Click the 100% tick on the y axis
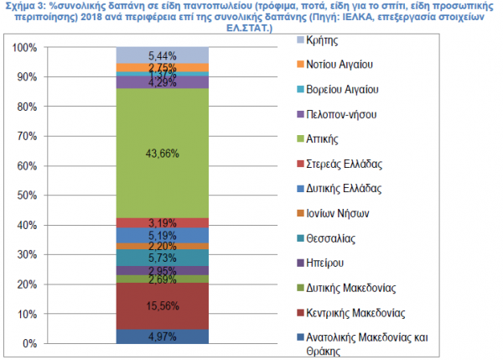(x=24, y=48)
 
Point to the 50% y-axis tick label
(x=27, y=196)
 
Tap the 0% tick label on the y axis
(x=29, y=343)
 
